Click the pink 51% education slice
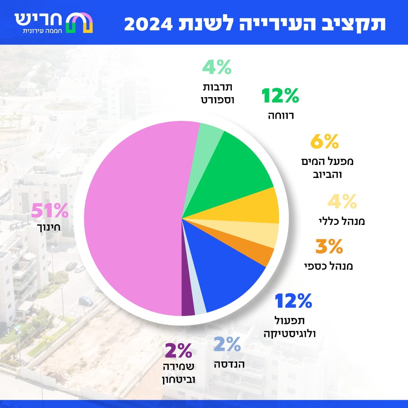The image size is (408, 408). pyautogui.click(x=133, y=219)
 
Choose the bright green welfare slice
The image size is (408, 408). pyautogui.click(x=235, y=168)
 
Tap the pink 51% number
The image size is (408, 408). pyautogui.click(x=50, y=211)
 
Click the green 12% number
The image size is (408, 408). pyautogui.click(x=280, y=96)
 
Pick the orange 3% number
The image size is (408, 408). pyautogui.click(x=329, y=246)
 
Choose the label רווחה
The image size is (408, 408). pyautogui.click(x=281, y=116)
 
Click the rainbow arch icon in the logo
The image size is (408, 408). pyautogui.click(x=79, y=23)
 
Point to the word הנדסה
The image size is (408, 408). pyautogui.click(x=229, y=364)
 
